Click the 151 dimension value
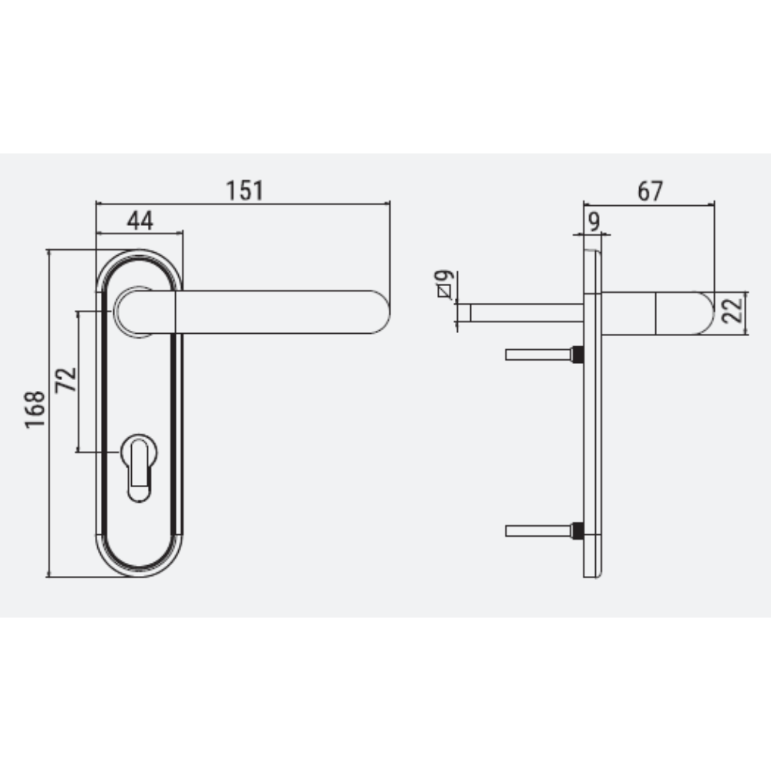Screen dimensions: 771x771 pos(244,190)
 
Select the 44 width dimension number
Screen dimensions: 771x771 pos(140,221)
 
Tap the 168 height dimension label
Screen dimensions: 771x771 pos(35,409)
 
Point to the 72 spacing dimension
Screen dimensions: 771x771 pos(66,379)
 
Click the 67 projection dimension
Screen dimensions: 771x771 pos(650,190)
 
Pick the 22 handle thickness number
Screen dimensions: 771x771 pos(732,310)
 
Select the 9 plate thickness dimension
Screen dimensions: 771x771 pos(594,222)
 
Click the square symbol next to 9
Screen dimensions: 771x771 pos(444,291)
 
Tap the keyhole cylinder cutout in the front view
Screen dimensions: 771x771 pos(139,468)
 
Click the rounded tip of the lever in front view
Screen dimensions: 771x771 pos(381,311)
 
